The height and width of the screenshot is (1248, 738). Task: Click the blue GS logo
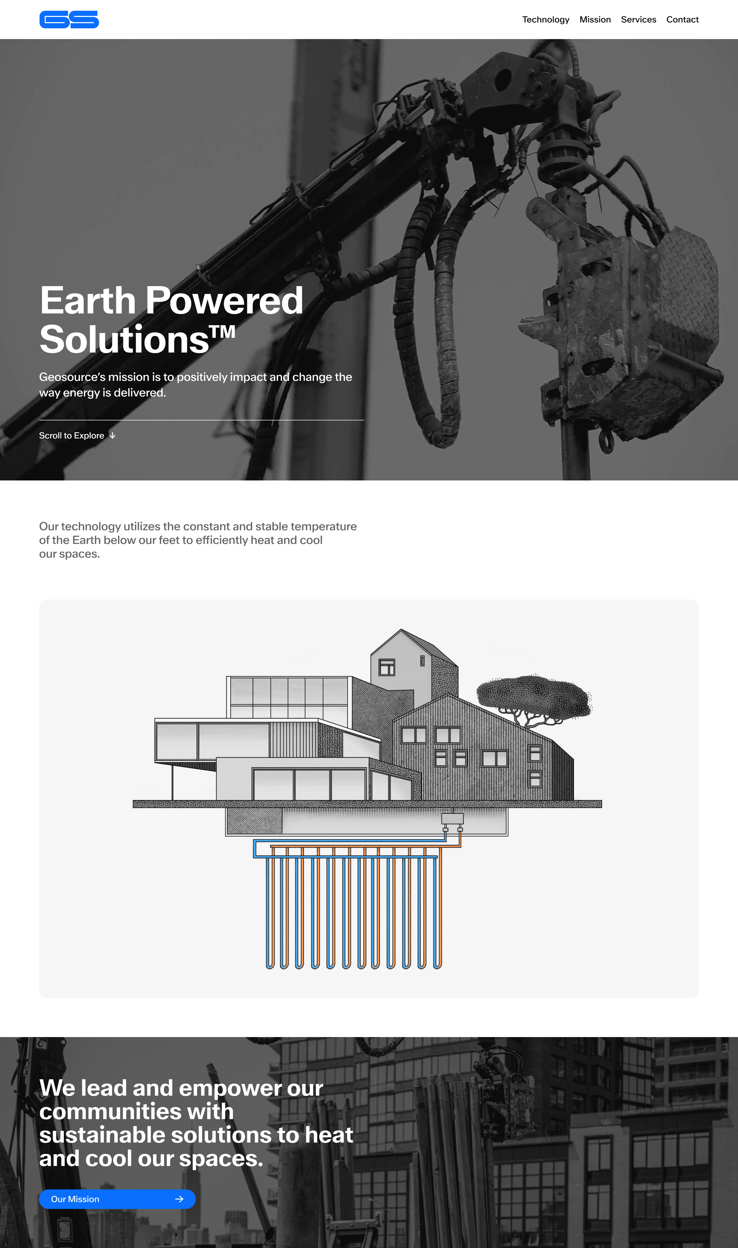click(69, 19)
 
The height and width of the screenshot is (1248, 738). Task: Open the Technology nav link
click(545, 19)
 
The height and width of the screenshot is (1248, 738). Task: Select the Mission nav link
click(595, 19)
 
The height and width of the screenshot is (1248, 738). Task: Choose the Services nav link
click(638, 19)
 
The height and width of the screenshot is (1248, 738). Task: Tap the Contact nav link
click(682, 19)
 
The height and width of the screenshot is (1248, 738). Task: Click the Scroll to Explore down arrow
click(113, 435)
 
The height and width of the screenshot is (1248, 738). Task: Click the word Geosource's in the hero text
click(73, 377)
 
